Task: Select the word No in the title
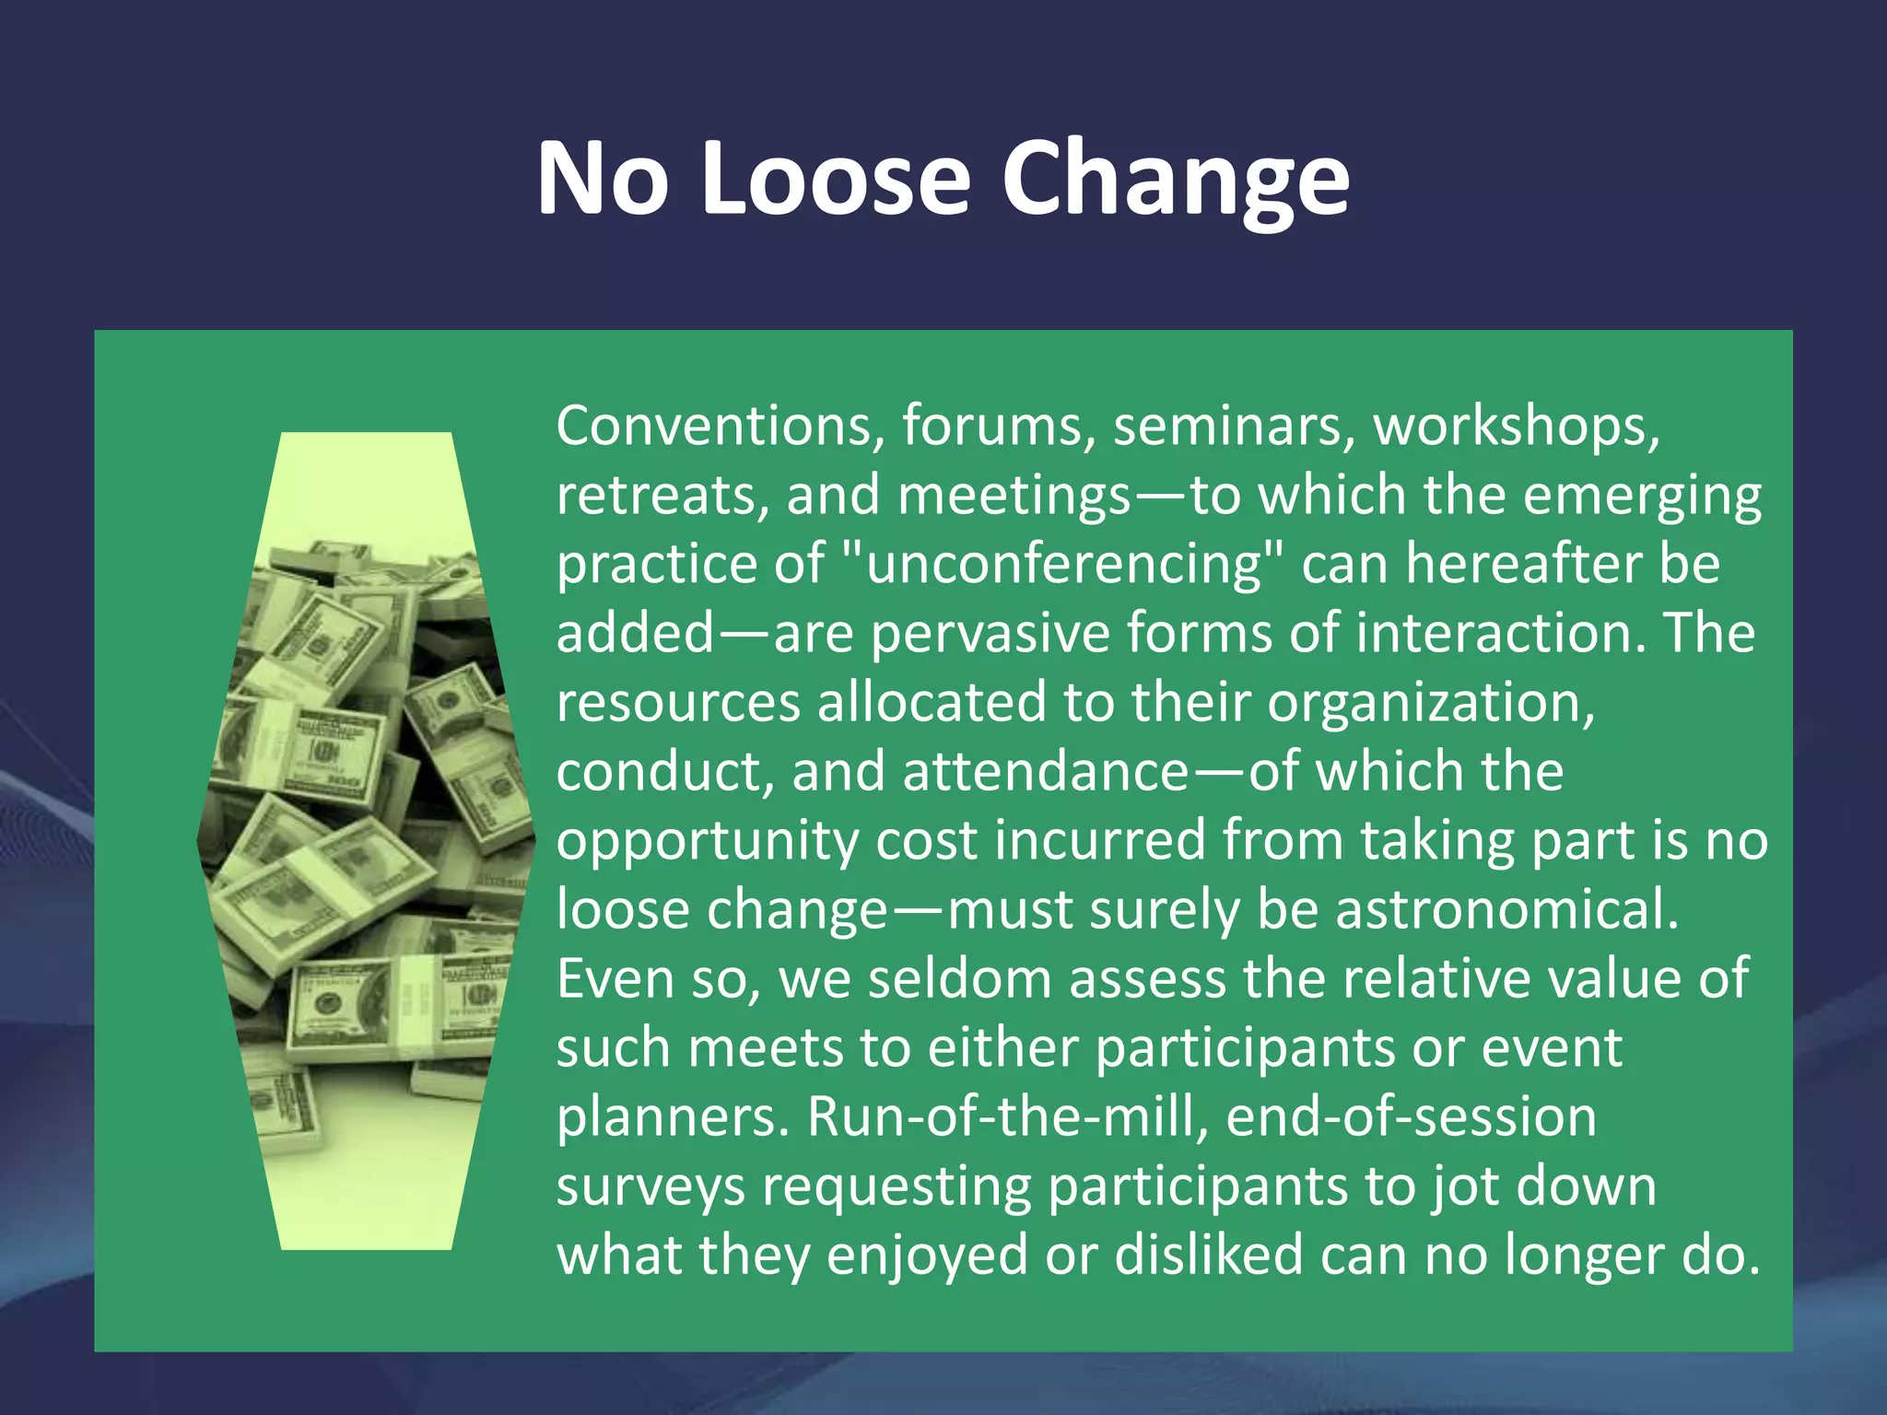602,177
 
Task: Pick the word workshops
1517,427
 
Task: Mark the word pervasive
990,634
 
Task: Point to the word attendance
1045,771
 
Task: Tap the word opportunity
708,842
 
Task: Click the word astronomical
1507,910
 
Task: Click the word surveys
650,1187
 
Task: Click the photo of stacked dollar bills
366,840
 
